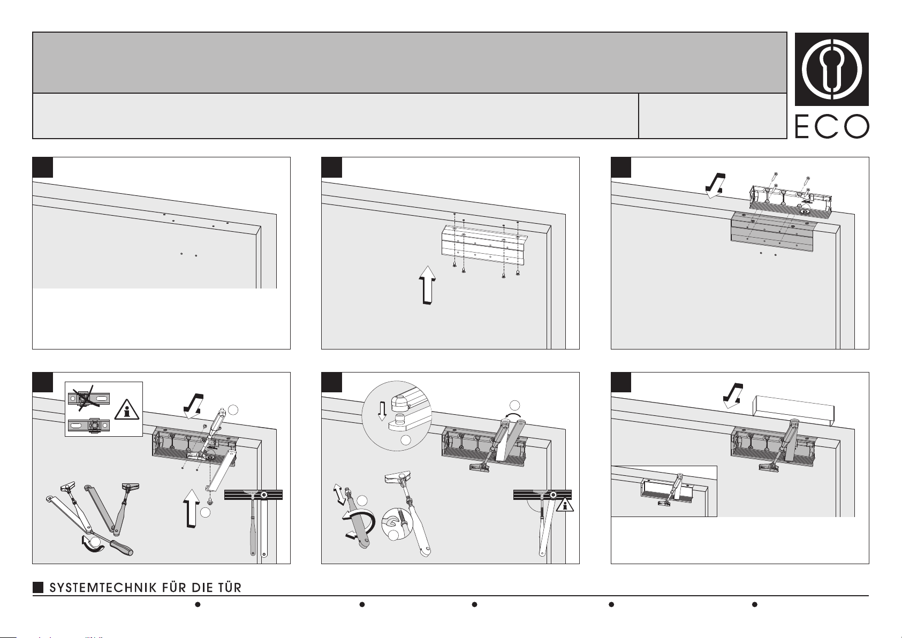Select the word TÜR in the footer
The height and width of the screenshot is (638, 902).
coord(229,588)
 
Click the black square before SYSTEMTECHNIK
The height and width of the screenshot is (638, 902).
coord(38,588)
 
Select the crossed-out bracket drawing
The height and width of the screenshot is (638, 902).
coord(89,398)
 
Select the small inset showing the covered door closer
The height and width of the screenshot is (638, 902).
coord(664,491)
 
